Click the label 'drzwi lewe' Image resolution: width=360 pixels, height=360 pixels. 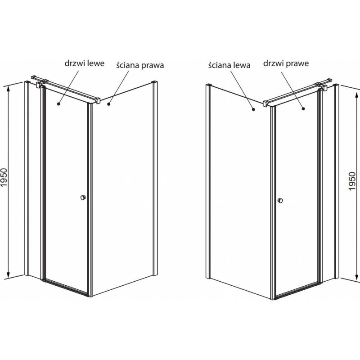coord(85,63)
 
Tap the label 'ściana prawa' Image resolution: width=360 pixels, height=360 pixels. coord(140,65)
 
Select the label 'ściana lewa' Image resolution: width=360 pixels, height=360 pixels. coord(229,65)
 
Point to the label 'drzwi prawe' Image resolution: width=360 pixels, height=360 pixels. coord(286,63)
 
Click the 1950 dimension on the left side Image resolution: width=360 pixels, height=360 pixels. coord(4,177)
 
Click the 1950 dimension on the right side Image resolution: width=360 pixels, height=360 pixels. coord(352,181)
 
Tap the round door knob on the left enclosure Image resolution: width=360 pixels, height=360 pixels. coord(83,198)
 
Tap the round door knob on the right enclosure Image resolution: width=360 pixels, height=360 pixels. coord(280,200)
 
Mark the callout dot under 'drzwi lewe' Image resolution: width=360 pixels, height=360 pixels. coord(58,104)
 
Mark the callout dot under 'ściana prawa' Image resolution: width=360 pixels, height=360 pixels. coord(109,104)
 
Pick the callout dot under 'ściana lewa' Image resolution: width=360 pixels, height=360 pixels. coord(253,109)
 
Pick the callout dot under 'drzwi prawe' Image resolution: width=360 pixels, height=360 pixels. coord(303,109)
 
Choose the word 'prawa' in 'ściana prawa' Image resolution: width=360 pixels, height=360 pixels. coord(153,66)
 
